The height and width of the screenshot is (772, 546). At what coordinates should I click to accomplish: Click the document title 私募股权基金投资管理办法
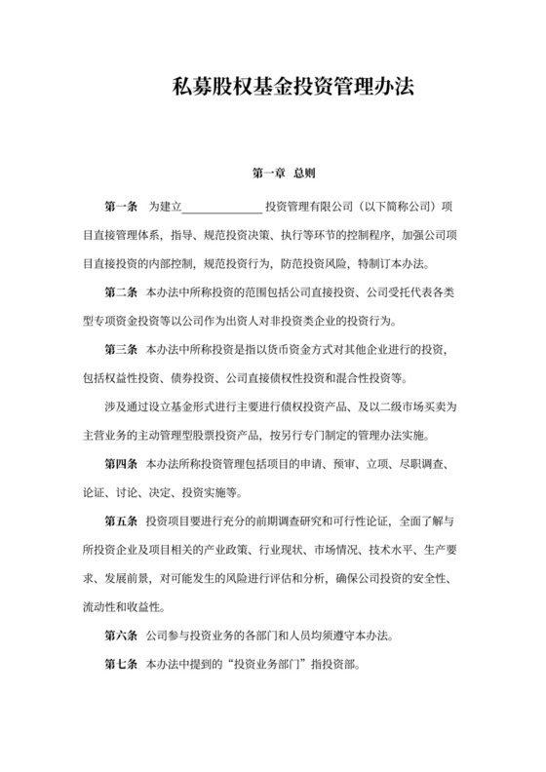272,86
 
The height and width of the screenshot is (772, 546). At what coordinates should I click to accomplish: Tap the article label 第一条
121,208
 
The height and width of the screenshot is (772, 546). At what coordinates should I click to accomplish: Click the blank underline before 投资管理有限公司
221,209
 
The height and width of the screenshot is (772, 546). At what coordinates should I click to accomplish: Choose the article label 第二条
121,292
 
